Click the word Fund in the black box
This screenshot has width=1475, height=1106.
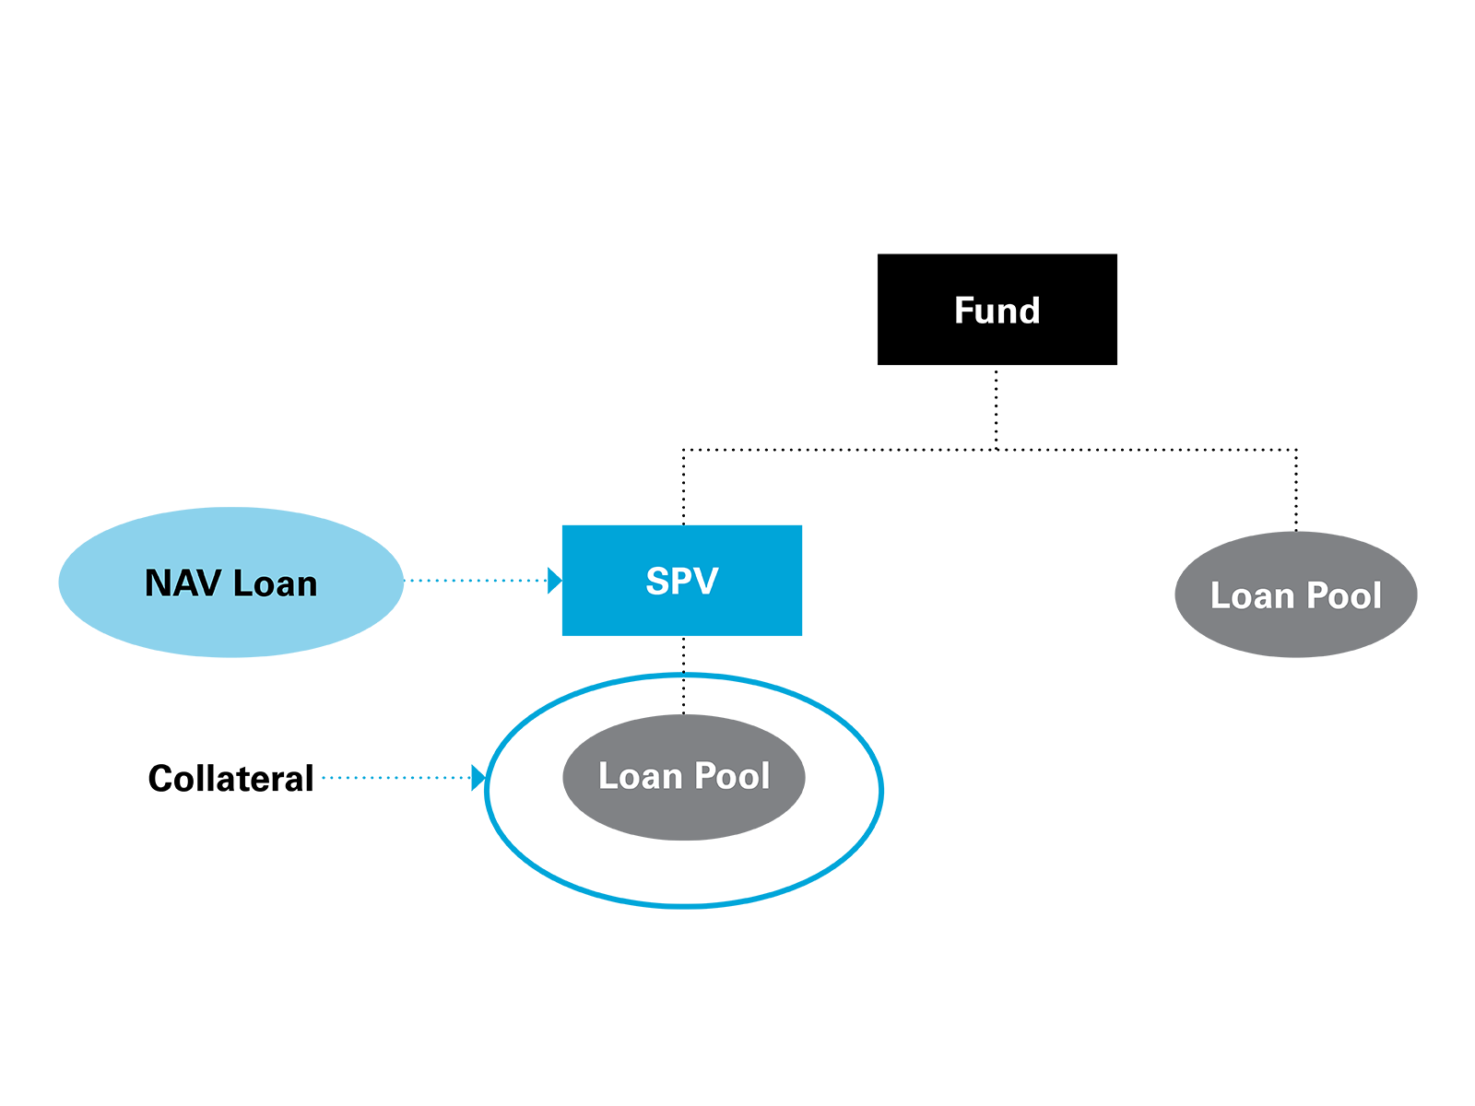click(997, 311)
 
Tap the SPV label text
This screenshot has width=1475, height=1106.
click(681, 582)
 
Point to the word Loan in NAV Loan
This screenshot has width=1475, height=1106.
click(275, 583)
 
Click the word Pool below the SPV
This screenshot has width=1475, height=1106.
click(732, 776)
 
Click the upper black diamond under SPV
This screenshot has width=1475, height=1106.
click(683, 654)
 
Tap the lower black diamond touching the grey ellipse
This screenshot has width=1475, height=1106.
click(683, 696)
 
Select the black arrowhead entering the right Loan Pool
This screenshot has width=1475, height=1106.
click(1295, 513)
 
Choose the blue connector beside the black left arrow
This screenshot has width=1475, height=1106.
click(387, 778)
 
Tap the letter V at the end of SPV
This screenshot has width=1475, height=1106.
click(707, 582)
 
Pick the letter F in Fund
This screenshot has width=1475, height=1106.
click(964, 311)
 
